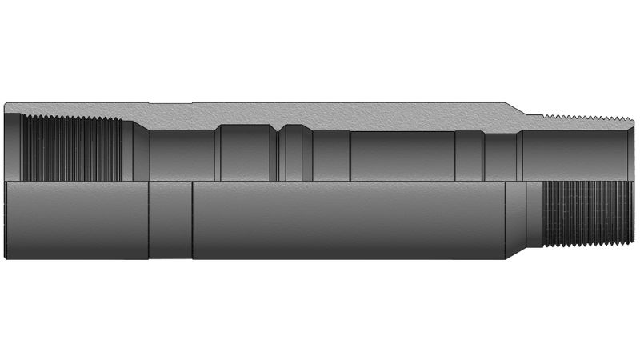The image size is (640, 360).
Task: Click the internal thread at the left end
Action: coord(72,149)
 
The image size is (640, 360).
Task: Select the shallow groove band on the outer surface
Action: coord(170,220)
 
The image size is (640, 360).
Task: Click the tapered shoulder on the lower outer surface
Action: coord(515,220)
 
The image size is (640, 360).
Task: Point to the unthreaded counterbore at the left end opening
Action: coord(12,149)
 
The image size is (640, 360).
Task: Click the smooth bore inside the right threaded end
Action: coord(572,154)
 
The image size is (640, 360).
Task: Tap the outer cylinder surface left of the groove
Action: coord(76,220)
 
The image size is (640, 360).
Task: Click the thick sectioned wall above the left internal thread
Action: coord(72,109)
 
